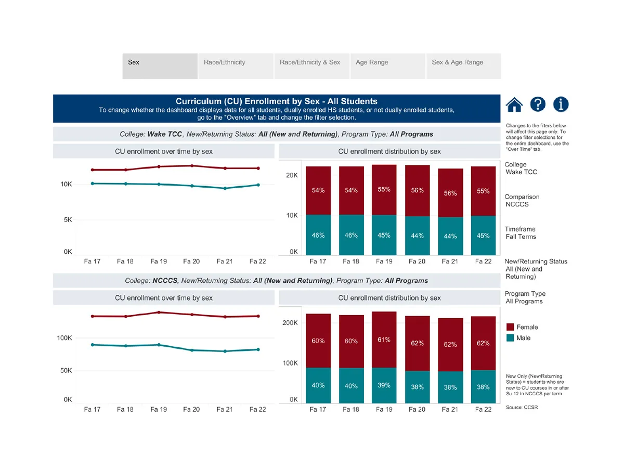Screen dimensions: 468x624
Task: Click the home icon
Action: tap(514, 105)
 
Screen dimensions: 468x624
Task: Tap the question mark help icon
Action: tap(538, 105)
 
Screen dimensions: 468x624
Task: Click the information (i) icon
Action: tap(561, 105)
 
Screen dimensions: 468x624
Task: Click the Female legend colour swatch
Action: tap(510, 327)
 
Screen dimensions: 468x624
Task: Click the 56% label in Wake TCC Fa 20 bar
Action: tap(417, 190)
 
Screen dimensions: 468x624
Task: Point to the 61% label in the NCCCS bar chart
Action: tap(384, 340)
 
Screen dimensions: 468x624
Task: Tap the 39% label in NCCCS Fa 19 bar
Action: tap(384, 385)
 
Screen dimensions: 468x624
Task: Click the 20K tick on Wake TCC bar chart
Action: tap(291, 176)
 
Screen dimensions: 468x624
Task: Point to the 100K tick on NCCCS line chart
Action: tap(64, 338)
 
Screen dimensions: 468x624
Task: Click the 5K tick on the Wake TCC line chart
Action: tap(68, 220)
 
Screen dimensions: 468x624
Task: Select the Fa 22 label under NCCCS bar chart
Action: tap(483, 409)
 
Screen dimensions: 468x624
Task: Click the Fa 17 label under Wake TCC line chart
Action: tap(92, 261)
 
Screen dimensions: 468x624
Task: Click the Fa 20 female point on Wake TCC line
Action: tap(192, 166)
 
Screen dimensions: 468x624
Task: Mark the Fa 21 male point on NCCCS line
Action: tap(225, 351)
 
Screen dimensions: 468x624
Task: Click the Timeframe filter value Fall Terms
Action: tap(521, 237)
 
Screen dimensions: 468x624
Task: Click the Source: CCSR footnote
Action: tap(522, 407)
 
